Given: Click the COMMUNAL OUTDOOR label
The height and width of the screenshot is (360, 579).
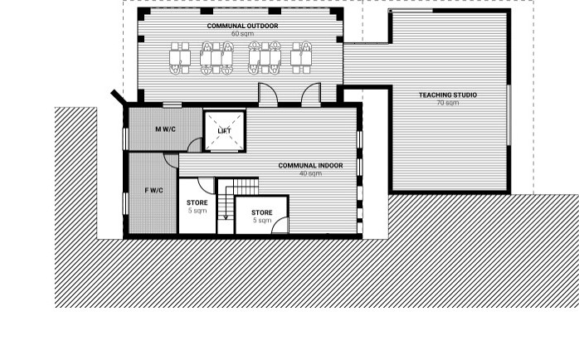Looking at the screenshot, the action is click(x=242, y=26).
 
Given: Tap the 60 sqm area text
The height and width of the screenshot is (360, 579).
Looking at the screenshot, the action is click(x=242, y=34).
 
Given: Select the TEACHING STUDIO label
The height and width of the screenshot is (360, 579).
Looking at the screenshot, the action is click(x=448, y=95).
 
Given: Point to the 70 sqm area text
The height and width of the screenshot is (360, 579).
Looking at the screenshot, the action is click(x=448, y=103).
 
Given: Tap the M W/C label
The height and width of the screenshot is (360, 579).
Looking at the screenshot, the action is click(x=165, y=129).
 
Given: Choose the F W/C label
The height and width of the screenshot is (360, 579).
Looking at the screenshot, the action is click(x=154, y=191).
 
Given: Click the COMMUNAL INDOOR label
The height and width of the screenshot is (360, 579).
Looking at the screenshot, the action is click(x=310, y=166).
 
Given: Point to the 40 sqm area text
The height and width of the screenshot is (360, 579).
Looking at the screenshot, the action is click(x=310, y=173).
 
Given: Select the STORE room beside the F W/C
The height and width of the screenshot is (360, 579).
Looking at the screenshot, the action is click(x=197, y=206).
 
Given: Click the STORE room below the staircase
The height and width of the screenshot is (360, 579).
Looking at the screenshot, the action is click(x=262, y=215).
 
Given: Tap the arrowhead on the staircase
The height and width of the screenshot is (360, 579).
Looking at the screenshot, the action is click(x=226, y=217).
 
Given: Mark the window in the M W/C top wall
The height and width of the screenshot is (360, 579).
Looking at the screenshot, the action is click(x=172, y=105).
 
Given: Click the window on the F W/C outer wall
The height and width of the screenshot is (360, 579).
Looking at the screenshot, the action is click(x=125, y=203).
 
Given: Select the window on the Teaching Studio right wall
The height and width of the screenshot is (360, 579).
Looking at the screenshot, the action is click(x=508, y=115).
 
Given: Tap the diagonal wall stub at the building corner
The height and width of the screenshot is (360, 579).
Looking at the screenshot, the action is click(x=119, y=96).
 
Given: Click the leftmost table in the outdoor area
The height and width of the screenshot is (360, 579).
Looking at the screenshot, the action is click(x=180, y=58).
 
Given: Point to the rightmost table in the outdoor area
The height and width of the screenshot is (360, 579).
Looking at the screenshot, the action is click(x=301, y=58).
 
